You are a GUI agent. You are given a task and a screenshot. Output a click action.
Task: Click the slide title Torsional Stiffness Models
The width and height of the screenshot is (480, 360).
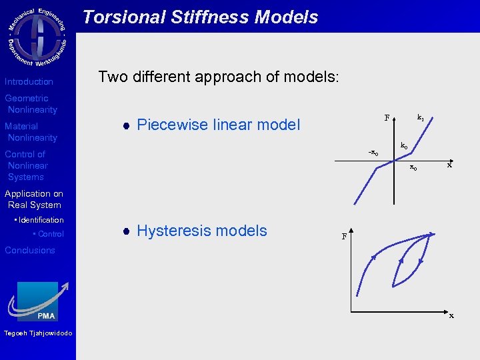coord(200,17)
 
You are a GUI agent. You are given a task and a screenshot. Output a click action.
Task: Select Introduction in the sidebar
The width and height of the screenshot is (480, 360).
coord(29,81)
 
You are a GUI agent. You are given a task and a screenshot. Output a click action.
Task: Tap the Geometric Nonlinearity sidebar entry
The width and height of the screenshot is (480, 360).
coord(31,104)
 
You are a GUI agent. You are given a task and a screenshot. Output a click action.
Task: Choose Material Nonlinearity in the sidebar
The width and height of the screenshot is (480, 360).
coord(31,132)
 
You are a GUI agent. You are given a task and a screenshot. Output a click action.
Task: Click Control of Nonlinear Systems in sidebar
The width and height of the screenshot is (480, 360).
coord(27,165)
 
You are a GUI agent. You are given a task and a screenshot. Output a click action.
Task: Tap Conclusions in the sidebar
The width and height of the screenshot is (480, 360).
coord(30,251)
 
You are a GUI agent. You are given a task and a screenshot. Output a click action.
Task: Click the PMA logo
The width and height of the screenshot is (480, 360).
coord(38,301)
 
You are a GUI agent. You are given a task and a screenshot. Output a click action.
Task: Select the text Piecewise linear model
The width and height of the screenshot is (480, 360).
coord(218,125)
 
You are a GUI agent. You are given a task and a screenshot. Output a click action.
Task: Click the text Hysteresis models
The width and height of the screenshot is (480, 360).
coord(201,231)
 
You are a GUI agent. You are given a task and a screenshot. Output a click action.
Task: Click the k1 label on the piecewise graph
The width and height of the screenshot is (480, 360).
coord(421,117)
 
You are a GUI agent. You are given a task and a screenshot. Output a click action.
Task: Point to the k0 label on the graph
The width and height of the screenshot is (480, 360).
coord(405,145)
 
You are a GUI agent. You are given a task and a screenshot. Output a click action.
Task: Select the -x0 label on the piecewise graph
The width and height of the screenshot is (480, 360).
coord(374,153)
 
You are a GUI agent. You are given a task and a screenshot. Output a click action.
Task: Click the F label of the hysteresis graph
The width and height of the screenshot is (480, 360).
coord(344,237)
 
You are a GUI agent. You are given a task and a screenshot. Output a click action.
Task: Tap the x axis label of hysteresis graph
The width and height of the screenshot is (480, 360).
coord(451,315)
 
